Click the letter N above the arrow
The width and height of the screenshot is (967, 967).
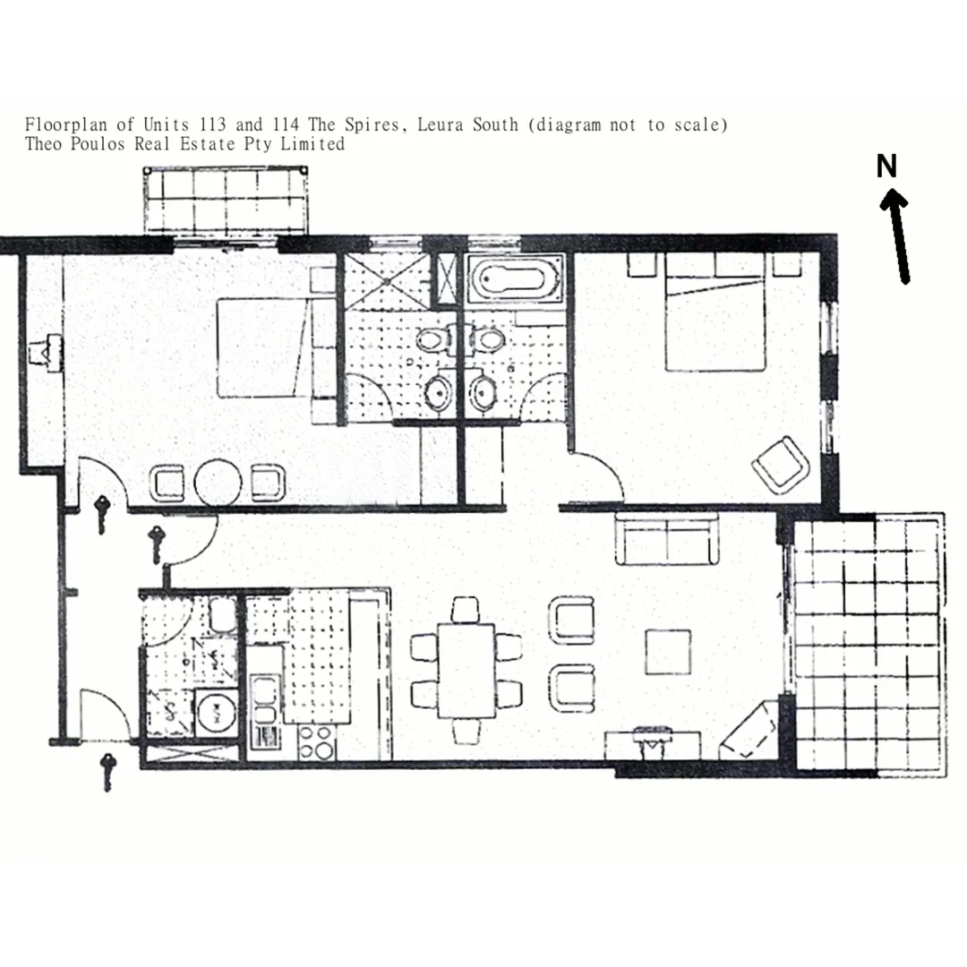tap(886, 167)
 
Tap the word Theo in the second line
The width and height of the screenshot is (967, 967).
tap(44, 144)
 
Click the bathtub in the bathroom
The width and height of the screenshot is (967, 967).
tap(515, 278)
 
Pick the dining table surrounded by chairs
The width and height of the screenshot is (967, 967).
tap(466, 670)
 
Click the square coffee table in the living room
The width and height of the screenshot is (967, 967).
tap(668, 652)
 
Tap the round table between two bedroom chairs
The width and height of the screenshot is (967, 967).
tap(218, 483)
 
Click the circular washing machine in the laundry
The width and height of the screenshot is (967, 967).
tap(216, 713)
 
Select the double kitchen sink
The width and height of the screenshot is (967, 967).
tap(265, 699)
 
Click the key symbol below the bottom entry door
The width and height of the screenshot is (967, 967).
tap(109, 771)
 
